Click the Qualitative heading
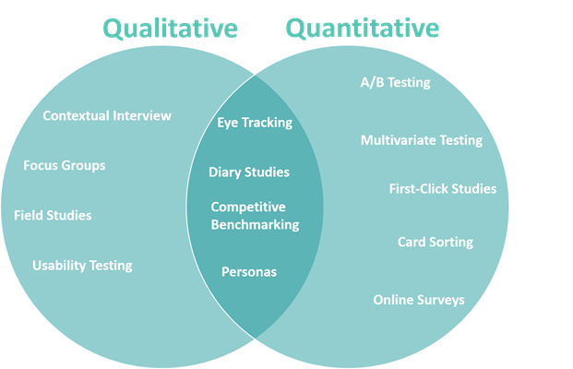pyautogui.click(x=171, y=29)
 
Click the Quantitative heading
pyautogui.click(x=362, y=29)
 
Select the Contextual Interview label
pyautogui.click(x=107, y=116)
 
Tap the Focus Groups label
pyautogui.click(x=65, y=166)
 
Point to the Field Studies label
pyautogui.click(x=53, y=215)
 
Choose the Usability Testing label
pyautogui.click(x=82, y=266)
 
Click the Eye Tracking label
pyautogui.click(x=255, y=123)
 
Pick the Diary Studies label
pyautogui.click(x=249, y=173)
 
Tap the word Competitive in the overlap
pyautogui.click(x=248, y=208)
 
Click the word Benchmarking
pyautogui.click(x=255, y=225)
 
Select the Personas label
pyautogui.click(x=249, y=272)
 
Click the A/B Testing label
pyautogui.click(x=396, y=83)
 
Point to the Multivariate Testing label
pyautogui.click(x=422, y=140)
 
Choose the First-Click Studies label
pyautogui.click(x=443, y=189)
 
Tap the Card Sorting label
pyautogui.click(x=436, y=243)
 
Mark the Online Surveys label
pyautogui.click(x=419, y=300)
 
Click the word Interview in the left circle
pyautogui.click(x=142, y=116)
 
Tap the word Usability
pyautogui.click(x=59, y=266)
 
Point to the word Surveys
pyautogui.click(x=441, y=301)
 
